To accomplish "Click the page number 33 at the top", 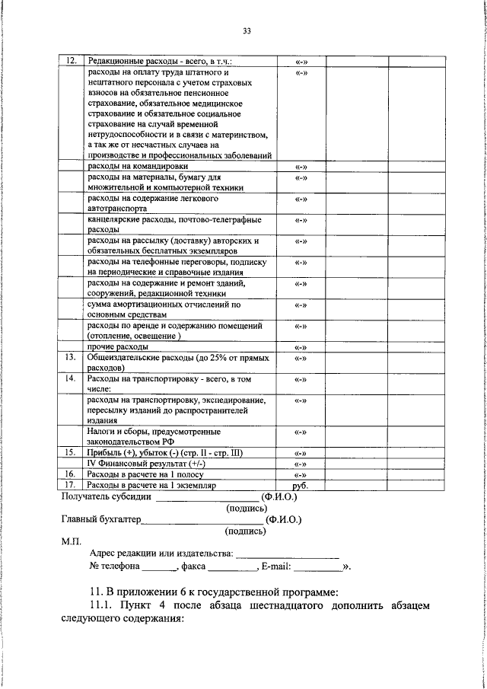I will tap(247, 31).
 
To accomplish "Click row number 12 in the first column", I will tap(70, 61).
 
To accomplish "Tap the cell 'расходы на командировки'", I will tap(138, 165).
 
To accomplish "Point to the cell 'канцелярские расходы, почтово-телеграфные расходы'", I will tap(174, 223).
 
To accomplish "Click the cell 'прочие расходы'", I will tap(117, 347).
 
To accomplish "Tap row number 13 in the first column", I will tap(70, 357).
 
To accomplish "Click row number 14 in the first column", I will tap(70, 378).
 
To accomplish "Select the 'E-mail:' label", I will tap(276, 566).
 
